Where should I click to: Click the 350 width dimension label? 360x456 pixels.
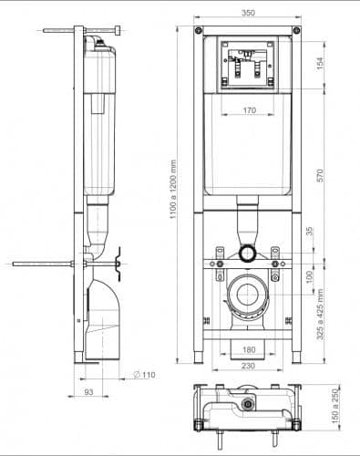click(x=248, y=13)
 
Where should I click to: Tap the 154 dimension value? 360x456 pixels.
click(x=320, y=63)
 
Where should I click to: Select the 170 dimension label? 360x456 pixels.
click(x=249, y=110)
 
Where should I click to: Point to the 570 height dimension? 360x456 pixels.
click(x=320, y=175)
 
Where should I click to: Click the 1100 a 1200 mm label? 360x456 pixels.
click(x=173, y=189)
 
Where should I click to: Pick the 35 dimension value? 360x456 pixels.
click(x=309, y=232)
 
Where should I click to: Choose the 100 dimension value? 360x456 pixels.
click(x=309, y=277)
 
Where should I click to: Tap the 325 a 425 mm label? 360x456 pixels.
click(x=320, y=314)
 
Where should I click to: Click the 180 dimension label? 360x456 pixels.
click(x=249, y=350)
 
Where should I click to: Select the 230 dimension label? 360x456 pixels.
click(x=248, y=366)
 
